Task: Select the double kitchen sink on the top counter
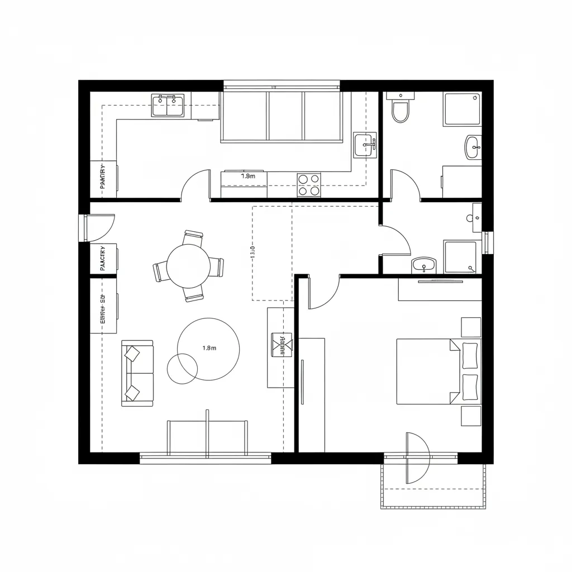pos(168,105)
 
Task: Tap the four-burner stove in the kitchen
pos(309,185)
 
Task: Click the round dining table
pos(189,266)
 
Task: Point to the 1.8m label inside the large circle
pos(209,348)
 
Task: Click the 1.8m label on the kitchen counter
pos(248,176)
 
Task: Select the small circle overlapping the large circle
pos(182,369)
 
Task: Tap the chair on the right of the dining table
pos(217,267)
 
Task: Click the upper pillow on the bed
pos(470,355)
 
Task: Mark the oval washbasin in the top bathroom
pos(473,147)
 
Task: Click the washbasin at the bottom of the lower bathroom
pos(424,265)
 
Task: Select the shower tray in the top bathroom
pos(462,108)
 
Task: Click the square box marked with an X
pos(282,344)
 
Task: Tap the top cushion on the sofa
pos(133,354)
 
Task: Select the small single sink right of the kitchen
pos(365,145)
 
